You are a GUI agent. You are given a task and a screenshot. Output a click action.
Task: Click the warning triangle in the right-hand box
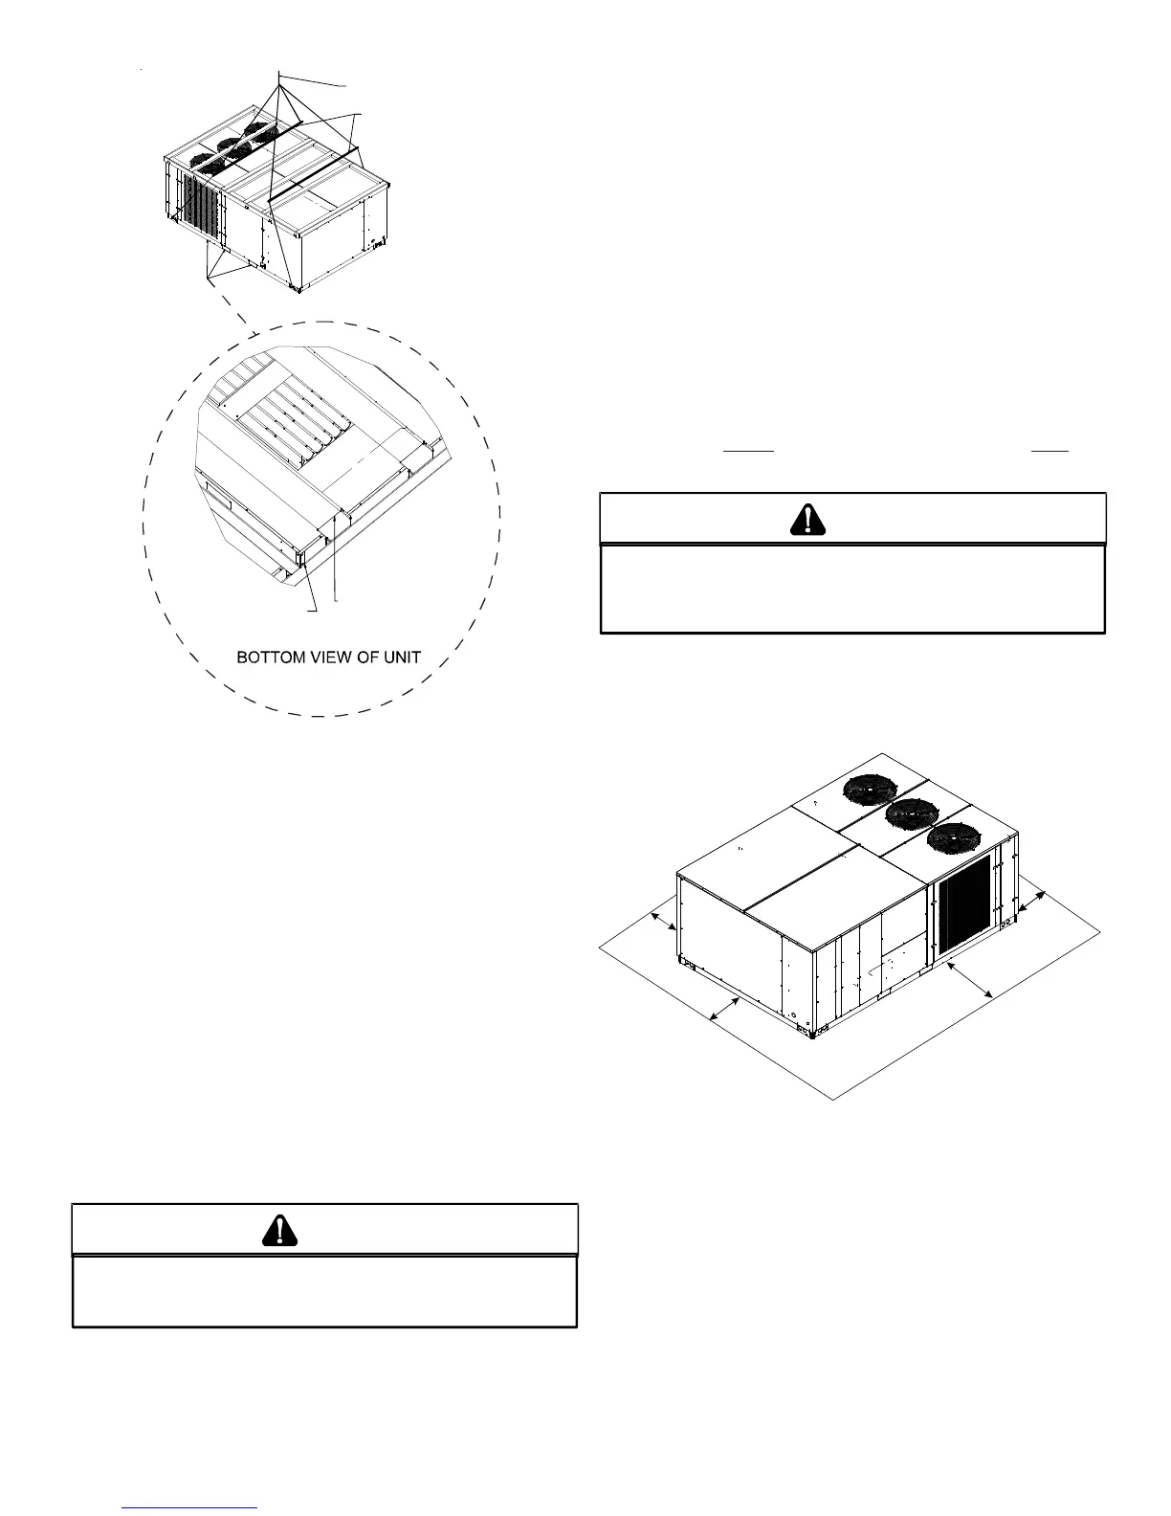click(x=809, y=519)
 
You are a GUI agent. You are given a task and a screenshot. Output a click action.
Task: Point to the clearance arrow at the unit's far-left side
click(x=663, y=919)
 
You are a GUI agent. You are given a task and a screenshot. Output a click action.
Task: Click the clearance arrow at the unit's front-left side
click(x=725, y=1010)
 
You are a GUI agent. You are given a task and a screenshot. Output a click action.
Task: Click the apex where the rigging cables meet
click(x=278, y=74)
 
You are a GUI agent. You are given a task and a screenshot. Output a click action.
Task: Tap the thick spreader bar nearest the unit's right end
click(x=316, y=174)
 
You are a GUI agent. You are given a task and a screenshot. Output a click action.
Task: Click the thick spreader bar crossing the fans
click(x=251, y=140)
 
